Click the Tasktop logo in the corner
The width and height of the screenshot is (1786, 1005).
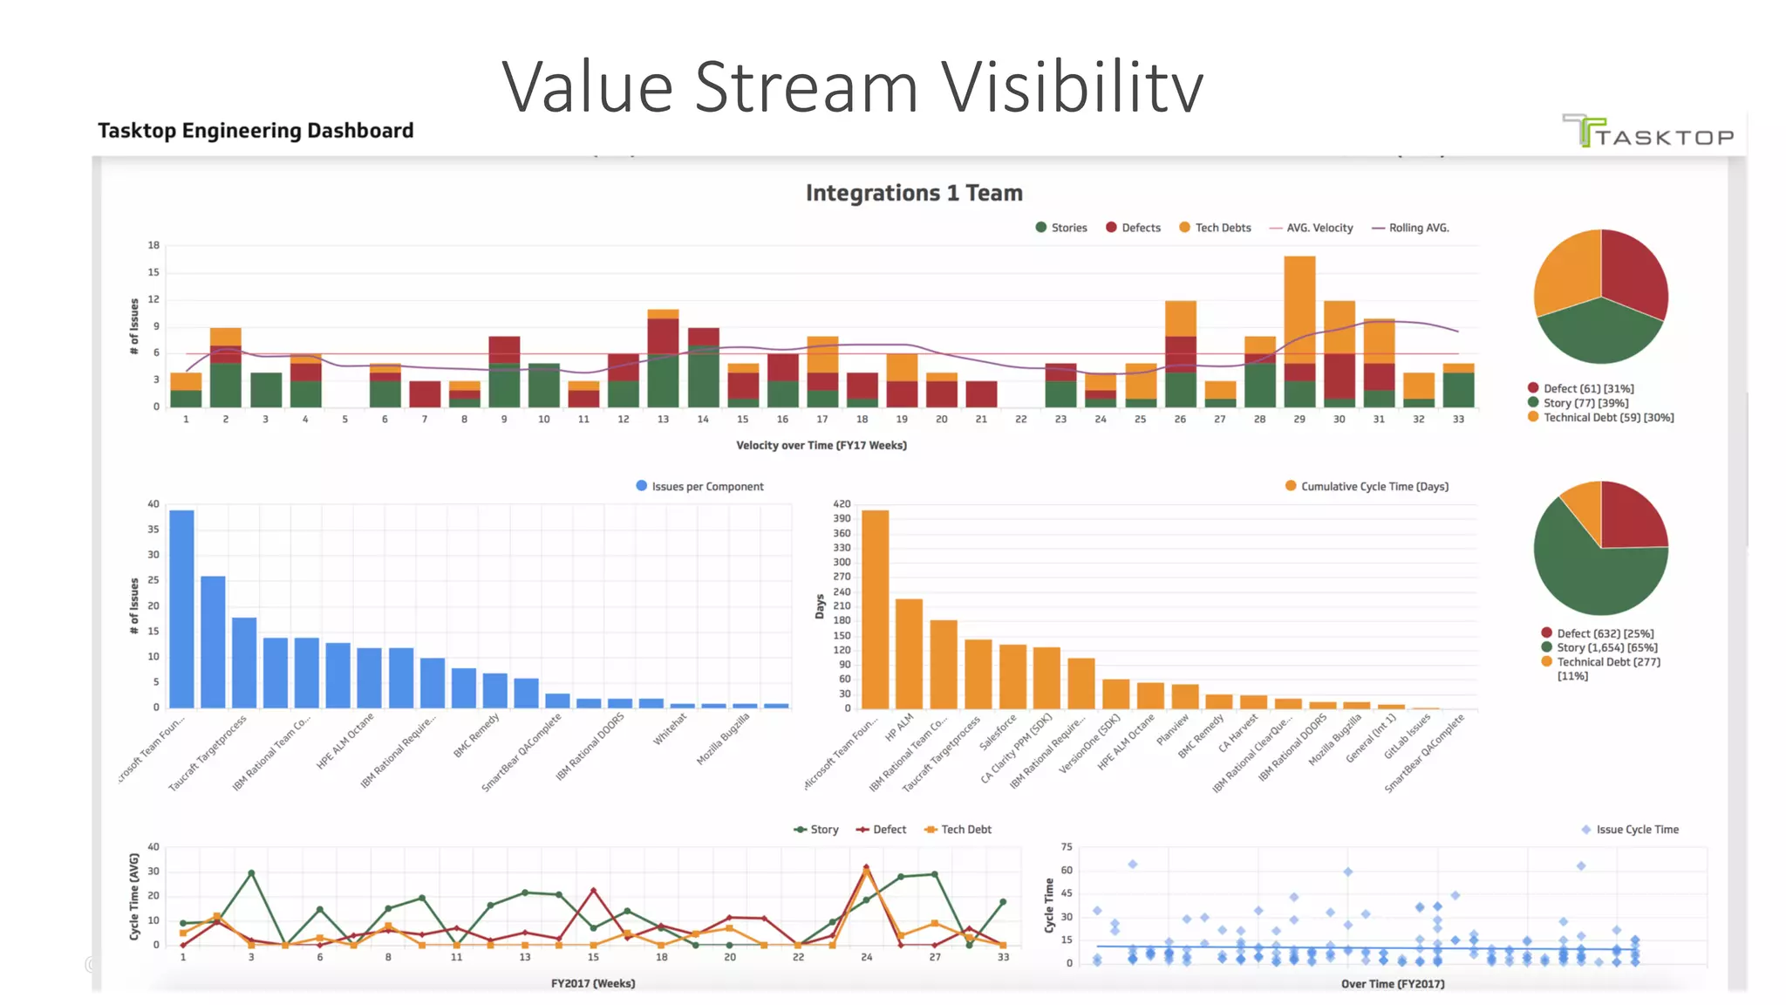coord(1647,133)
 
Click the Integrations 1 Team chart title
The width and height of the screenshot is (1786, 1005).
coord(913,193)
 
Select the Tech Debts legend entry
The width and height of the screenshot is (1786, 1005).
coord(1216,228)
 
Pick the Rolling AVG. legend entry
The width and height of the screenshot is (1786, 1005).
coord(1410,228)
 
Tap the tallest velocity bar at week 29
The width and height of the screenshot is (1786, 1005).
coord(1299,332)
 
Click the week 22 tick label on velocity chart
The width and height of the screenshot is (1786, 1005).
coord(1020,420)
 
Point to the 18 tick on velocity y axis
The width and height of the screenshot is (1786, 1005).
coord(153,245)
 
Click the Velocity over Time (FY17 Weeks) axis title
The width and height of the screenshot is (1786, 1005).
coord(821,446)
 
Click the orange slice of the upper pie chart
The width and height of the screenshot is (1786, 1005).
coord(1566,270)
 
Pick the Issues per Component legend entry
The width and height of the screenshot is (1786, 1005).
coord(700,487)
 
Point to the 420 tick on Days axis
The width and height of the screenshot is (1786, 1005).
coord(842,504)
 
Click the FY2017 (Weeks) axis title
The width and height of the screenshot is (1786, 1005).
coord(593,984)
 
